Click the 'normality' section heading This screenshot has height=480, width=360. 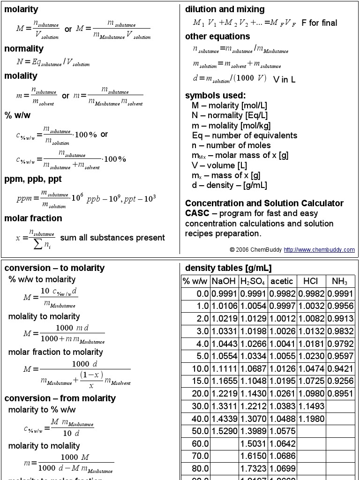24,48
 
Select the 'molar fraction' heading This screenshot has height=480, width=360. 33,218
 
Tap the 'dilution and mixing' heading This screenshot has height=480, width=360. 225,9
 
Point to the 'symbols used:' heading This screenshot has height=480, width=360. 215,96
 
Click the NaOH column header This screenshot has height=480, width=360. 224,281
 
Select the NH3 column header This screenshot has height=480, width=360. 340,281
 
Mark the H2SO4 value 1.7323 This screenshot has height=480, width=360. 253,468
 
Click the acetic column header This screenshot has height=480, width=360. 282,281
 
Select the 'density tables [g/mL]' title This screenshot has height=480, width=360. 228,268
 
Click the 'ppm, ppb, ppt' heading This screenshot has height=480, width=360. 33,179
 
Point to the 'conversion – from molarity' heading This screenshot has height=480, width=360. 60,398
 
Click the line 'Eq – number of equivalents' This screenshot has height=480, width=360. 244,135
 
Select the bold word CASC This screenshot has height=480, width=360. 197,213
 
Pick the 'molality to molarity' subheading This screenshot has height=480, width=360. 44,316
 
